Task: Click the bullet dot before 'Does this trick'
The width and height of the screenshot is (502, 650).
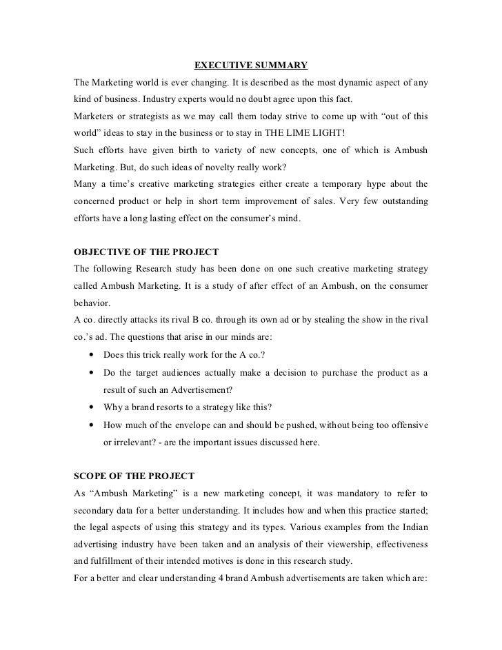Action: tap(92, 356)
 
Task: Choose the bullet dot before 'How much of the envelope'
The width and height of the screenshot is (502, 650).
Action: tap(92, 425)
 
